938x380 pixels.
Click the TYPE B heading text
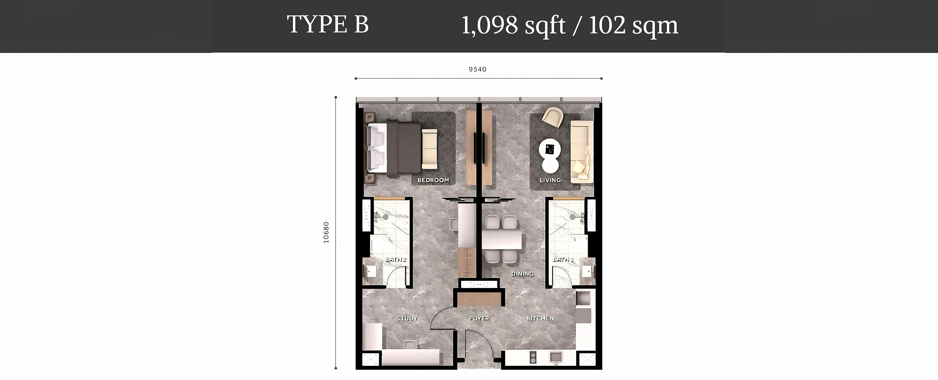(328, 25)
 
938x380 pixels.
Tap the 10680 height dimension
(326, 232)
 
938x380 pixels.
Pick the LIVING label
(550, 180)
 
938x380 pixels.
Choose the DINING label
(522, 274)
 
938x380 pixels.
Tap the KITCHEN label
(540, 318)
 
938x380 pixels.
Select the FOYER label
(479, 318)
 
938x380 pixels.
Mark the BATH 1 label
(563, 260)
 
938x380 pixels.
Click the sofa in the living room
(582, 152)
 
